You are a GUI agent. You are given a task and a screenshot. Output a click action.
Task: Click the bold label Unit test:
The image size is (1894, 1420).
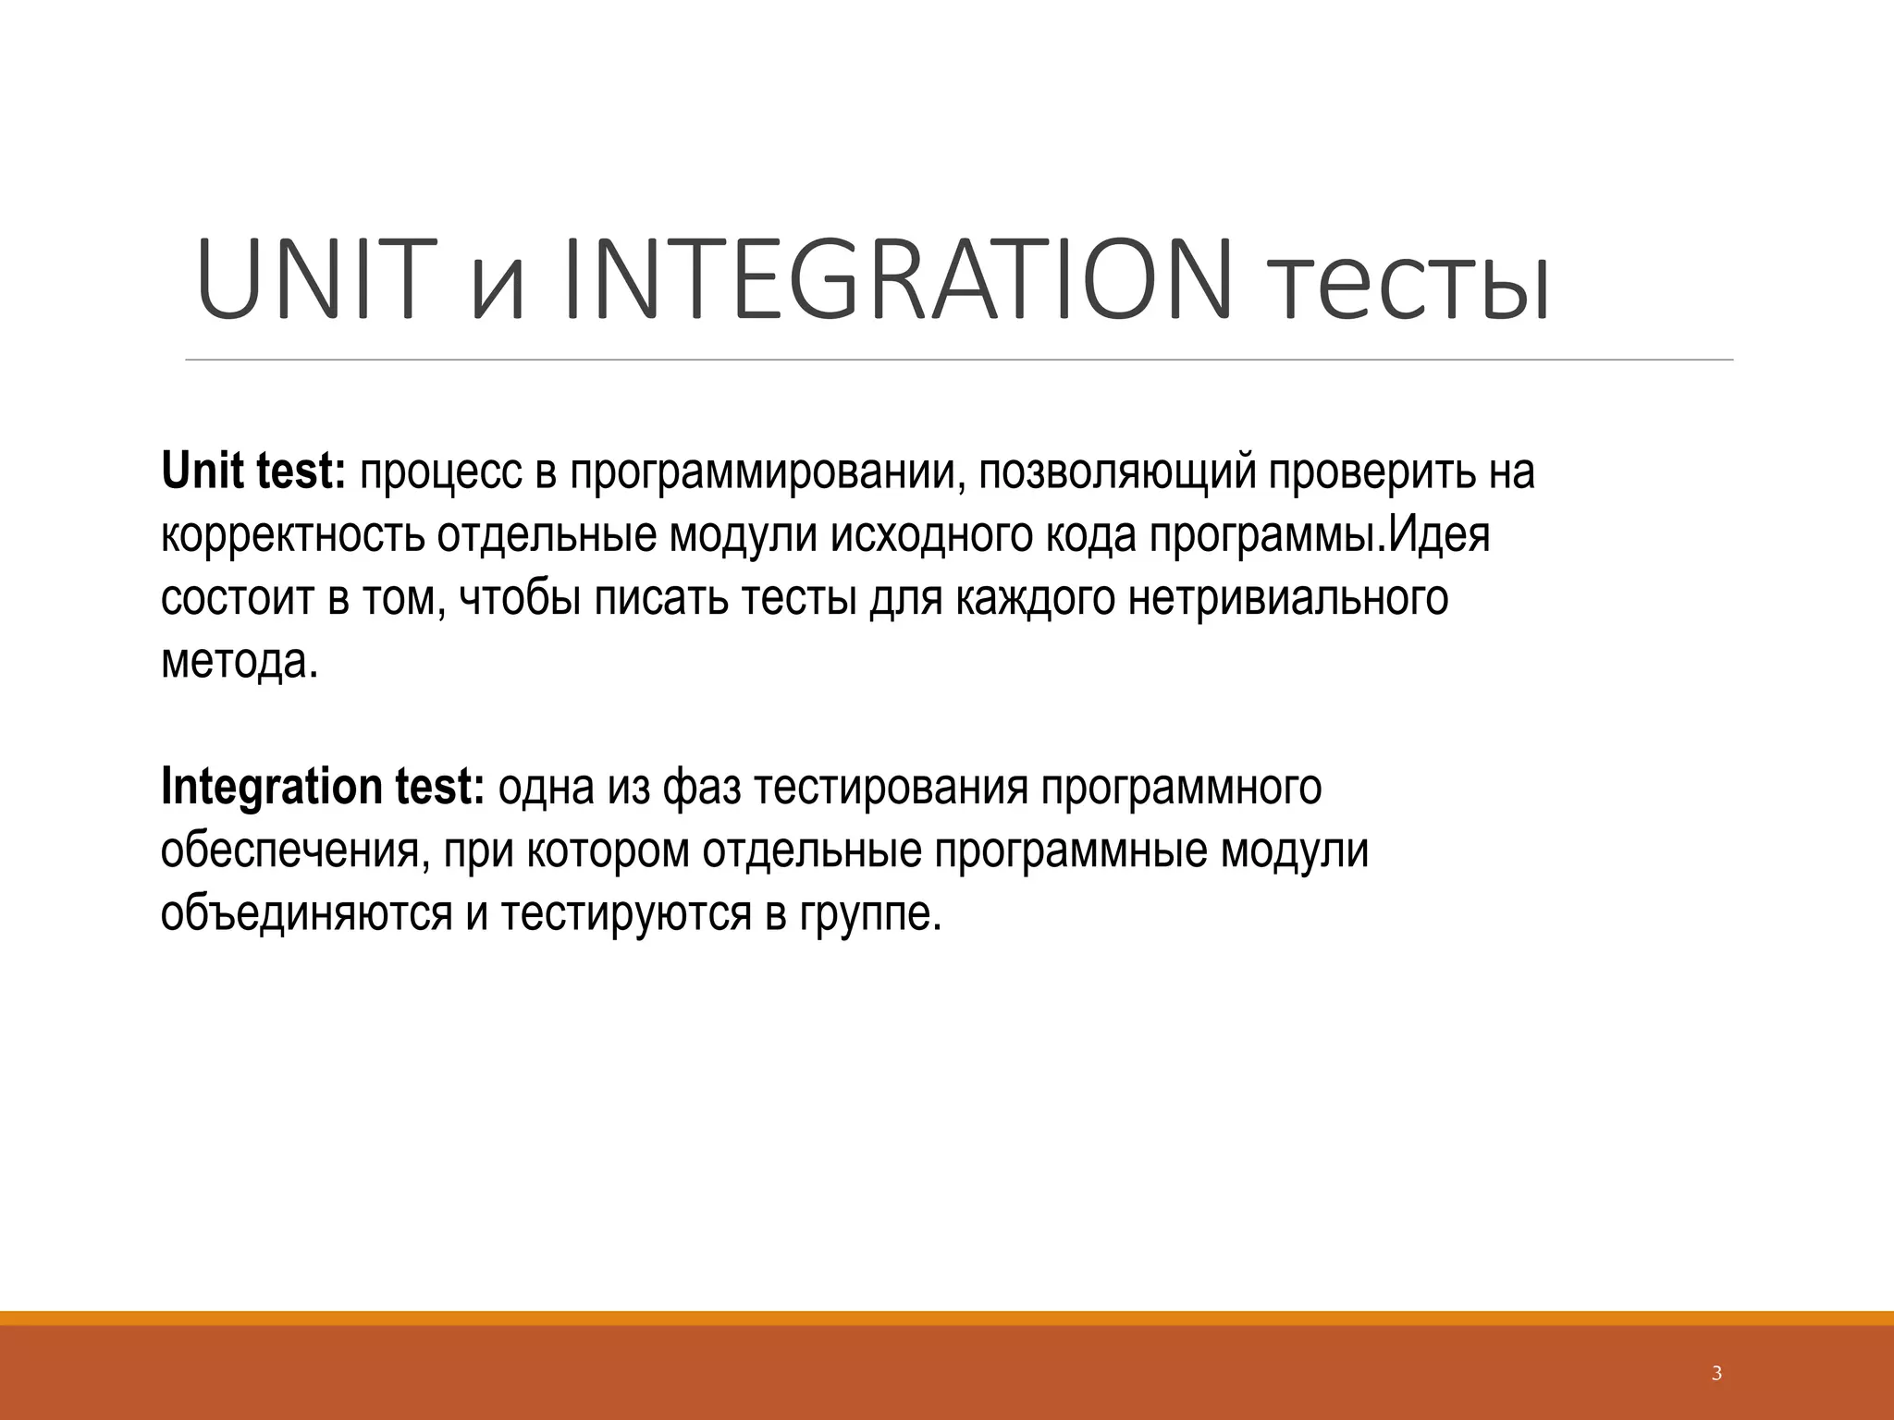(253, 471)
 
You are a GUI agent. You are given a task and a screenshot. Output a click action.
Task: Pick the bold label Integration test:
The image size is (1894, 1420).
(322, 788)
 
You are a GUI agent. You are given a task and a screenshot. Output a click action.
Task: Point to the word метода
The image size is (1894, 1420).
(239, 663)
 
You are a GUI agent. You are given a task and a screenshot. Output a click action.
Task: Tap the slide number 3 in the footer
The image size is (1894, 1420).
(1717, 1374)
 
